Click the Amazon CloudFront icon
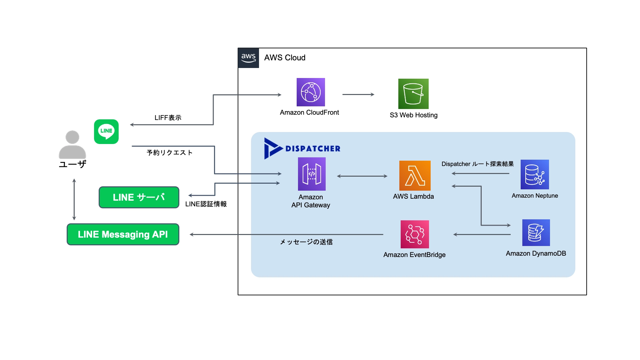[311, 92]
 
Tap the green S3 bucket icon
[413, 94]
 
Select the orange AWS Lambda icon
[415, 176]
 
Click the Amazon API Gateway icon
[312, 174]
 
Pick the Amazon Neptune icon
[535, 174]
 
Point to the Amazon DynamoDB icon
[536, 233]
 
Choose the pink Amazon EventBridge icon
[415, 234]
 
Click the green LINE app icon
[106, 132]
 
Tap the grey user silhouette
[72, 145]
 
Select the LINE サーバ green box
[139, 197]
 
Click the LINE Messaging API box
[123, 234]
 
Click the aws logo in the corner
[248, 58]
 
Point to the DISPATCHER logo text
[313, 149]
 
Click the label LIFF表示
[168, 118]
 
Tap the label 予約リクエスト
[170, 153]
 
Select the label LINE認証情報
[206, 204]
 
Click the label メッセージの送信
[306, 242]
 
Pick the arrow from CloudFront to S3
[358, 95]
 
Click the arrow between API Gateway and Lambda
[362, 176]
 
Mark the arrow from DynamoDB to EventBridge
[482, 235]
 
